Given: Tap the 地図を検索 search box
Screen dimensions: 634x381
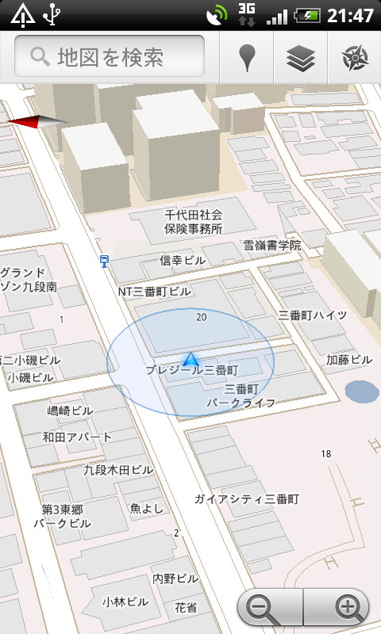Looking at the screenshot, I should point(110,57).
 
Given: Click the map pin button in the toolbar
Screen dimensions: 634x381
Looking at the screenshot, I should point(248,57).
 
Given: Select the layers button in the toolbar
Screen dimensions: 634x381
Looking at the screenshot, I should point(302,57).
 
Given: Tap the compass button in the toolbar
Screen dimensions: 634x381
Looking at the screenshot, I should point(354,57).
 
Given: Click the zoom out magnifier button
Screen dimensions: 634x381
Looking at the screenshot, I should point(263,609).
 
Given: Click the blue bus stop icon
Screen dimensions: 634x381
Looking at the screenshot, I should point(104,261).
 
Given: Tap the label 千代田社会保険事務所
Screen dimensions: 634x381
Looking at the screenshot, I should point(193,222).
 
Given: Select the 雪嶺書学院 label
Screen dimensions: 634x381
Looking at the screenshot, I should point(271,246).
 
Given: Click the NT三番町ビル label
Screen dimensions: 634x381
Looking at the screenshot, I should point(155,292).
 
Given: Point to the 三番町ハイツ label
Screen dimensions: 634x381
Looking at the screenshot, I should point(312,315).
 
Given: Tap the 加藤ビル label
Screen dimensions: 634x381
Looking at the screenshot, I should point(348,360).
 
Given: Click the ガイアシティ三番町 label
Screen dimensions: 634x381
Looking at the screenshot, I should point(246,499).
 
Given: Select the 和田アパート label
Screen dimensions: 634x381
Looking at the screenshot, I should point(77,437).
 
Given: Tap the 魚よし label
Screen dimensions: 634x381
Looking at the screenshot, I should point(146,508).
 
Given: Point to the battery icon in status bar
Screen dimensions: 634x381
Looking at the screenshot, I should point(307,15).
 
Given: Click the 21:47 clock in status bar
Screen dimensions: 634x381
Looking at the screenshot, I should point(350,15).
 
